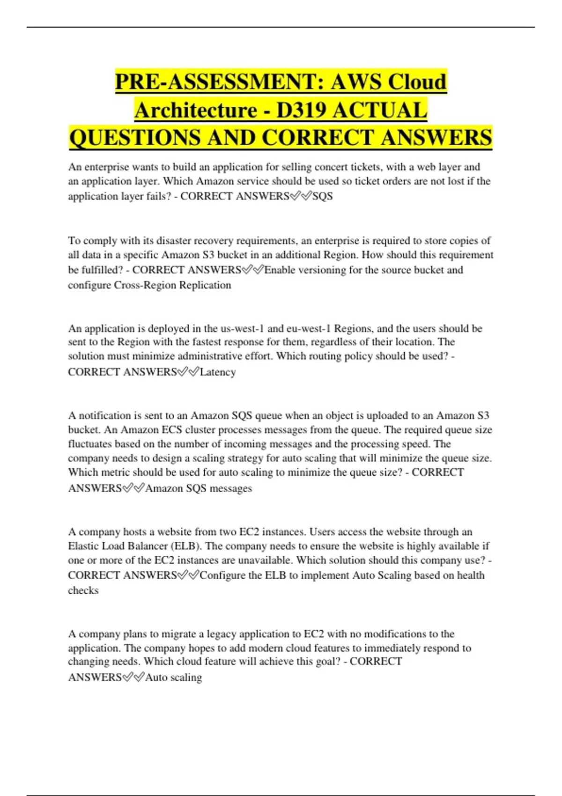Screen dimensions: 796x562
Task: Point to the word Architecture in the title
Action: click(196, 110)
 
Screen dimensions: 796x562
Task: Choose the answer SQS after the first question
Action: click(323, 196)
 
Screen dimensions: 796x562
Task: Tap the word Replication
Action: click(206, 285)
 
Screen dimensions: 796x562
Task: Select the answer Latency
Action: click(218, 372)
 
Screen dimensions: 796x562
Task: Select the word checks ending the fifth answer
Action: click(83, 590)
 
